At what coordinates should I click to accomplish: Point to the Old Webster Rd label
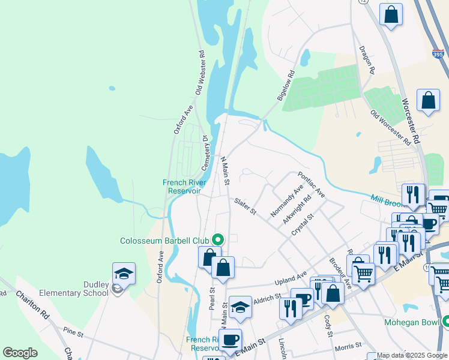pos(200,72)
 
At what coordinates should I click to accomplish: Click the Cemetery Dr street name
pos(204,152)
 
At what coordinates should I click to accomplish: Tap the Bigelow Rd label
pos(286,85)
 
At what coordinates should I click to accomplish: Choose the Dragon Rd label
pos(366,60)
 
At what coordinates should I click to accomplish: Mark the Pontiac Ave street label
pos(311,184)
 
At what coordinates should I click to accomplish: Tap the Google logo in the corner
pos(20,353)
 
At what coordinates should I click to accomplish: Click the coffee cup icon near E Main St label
pos(230,340)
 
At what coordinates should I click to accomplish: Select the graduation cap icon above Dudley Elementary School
pos(124,274)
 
